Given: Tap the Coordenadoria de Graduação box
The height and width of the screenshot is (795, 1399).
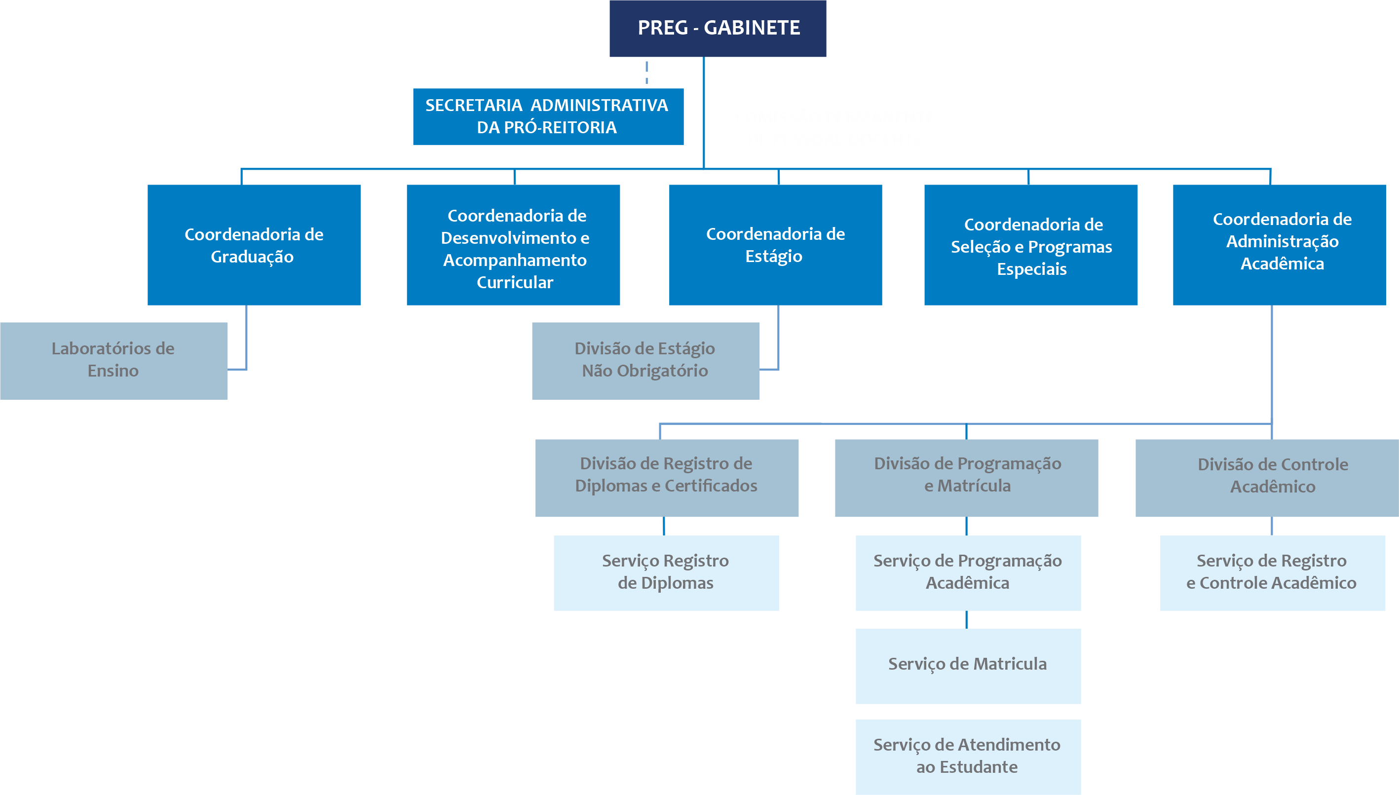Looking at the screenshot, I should pyautogui.click(x=254, y=245).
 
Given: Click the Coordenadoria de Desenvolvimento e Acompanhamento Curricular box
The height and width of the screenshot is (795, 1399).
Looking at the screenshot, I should pyautogui.click(x=513, y=245).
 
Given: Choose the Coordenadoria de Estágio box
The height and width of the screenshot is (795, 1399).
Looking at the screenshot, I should pyautogui.click(x=775, y=245).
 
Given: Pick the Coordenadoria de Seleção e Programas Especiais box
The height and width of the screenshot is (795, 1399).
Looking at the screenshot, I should pyautogui.click(x=1030, y=245).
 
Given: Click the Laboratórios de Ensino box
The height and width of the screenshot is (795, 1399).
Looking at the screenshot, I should pyautogui.click(x=113, y=360).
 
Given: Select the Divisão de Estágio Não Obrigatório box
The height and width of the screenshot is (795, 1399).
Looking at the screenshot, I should pyautogui.click(x=645, y=360).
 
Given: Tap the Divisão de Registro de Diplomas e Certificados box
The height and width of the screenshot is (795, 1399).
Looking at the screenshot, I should pyautogui.click(x=667, y=477).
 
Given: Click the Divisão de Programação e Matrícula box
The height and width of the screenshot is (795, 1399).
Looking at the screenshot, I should pyautogui.click(x=966, y=477).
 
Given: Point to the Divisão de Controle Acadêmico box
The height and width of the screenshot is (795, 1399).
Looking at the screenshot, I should pyautogui.click(x=1266, y=477).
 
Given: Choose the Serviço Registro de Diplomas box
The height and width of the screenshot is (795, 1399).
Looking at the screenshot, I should pyautogui.click(x=666, y=572).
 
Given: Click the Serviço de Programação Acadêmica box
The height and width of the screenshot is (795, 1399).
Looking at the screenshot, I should pyautogui.click(x=968, y=572).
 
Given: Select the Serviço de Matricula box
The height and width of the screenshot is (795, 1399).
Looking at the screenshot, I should pyautogui.click(x=968, y=666).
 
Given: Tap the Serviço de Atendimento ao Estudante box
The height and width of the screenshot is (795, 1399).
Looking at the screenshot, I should pyautogui.click(x=968, y=756).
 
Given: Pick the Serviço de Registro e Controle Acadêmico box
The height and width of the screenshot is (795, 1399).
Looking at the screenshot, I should pyautogui.click(x=1272, y=572).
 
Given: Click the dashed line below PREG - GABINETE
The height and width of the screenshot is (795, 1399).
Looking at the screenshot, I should pyautogui.click(x=646, y=73).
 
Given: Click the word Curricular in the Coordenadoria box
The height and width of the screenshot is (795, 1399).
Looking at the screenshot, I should pyautogui.click(x=515, y=282).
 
